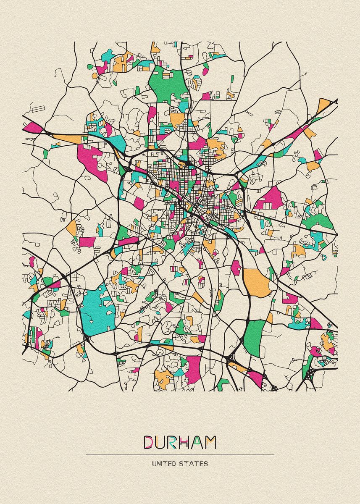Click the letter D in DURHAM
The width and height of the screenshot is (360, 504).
click(x=150, y=442)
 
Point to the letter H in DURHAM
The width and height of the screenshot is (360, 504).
click(x=188, y=442)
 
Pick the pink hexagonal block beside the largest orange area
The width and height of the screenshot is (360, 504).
click(x=236, y=268)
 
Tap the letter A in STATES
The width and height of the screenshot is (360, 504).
click(x=192, y=464)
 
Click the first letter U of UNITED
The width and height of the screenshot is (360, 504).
click(x=154, y=464)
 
